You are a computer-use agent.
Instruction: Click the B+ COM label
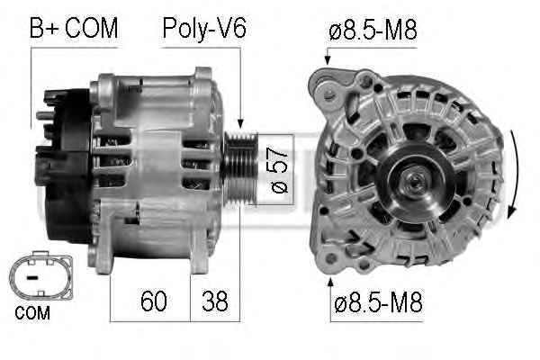74,28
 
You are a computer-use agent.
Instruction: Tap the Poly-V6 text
204,29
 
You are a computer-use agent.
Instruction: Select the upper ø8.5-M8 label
373,30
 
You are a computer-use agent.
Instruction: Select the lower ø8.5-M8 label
378,301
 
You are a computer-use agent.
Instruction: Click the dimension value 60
154,301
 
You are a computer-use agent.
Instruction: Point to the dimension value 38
214,301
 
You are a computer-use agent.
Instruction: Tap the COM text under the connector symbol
32,313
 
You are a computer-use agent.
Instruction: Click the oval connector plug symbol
40,276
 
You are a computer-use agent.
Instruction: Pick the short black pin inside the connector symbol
32,277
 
